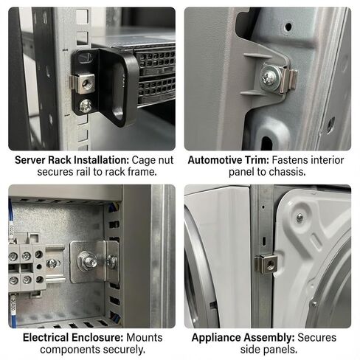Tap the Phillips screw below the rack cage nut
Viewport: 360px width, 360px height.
86,105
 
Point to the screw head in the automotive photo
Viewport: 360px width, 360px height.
269,76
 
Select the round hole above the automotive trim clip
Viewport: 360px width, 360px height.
288,27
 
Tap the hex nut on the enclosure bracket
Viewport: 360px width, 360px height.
86,260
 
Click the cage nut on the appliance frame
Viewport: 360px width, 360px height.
266,264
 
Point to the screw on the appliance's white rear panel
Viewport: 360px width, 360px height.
300,218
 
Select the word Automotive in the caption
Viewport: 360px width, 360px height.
215,160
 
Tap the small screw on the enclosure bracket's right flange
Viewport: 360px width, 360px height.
111,260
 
